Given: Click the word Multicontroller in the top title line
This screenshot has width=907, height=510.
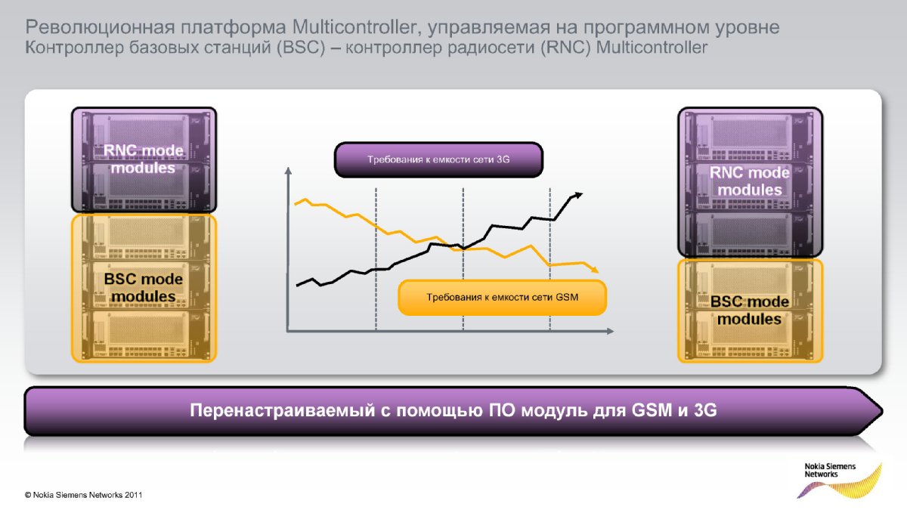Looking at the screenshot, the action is pos(354,27).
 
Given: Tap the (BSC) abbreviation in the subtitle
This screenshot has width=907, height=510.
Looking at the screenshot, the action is pos(302,48).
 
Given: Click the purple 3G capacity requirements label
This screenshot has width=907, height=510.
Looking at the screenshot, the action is pos(438,159).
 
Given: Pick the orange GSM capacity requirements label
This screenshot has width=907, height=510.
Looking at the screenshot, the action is pos(502,297).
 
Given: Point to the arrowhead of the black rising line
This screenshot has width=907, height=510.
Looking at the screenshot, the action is pos(579,196).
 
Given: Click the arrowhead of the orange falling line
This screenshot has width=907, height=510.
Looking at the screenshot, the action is pos(594,269).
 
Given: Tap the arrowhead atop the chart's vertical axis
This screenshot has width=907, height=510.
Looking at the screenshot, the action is pos(288,171).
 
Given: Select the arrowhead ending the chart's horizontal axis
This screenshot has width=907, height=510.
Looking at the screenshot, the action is pos(610,331).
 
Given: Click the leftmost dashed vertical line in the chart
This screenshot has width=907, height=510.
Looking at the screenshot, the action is pos(376,259).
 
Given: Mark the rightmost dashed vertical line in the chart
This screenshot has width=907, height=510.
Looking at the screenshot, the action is pos(550,259).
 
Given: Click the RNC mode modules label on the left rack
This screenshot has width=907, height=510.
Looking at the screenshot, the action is pos(144,159).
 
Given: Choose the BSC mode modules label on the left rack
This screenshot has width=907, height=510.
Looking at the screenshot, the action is pos(144,287).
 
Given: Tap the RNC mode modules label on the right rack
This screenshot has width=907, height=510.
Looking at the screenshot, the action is pos(750,181).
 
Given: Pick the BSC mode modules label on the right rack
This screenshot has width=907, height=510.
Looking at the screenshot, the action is pos(750,310).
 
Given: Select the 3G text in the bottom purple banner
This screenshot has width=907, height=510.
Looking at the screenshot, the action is pos(705,410).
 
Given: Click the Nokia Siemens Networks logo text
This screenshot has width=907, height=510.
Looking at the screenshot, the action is pos(830,470).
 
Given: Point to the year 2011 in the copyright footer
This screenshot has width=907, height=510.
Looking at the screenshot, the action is pos(133,495).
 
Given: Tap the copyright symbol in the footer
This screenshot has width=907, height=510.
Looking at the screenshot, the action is pos(28,495).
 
